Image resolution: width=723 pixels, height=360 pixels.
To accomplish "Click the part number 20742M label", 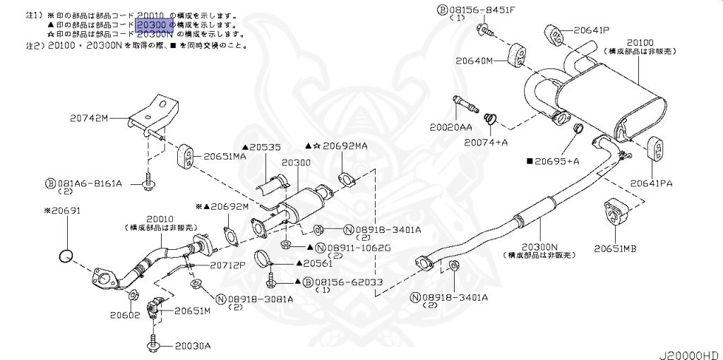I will [x=89, y=118].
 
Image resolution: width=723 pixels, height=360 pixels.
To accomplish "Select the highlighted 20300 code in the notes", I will [x=152, y=25].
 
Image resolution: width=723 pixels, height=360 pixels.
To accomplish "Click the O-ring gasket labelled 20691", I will [x=66, y=256].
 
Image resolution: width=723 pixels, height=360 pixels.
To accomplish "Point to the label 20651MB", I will [x=615, y=248].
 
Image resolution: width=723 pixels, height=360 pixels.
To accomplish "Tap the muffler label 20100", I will [x=639, y=42].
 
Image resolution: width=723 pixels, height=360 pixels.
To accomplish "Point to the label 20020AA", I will [x=450, y=128].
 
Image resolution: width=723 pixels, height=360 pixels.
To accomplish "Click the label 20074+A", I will [x=486, y=142].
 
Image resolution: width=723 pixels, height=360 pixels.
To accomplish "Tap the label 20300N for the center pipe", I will [x=542, y=246].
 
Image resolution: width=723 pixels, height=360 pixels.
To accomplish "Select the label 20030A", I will [x=193, y=346].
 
